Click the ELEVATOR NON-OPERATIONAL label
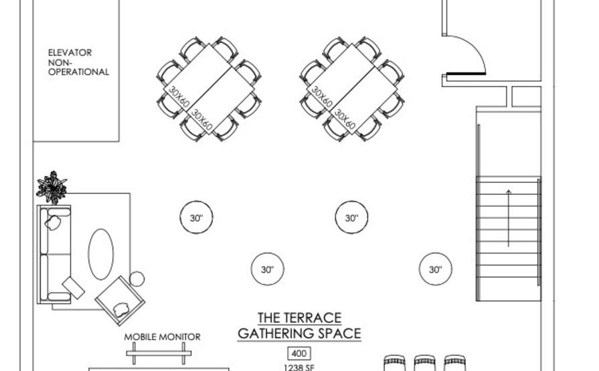(x=78, y=62)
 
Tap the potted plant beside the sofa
(x=52, y=188)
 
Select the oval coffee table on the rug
(x=101, y=254)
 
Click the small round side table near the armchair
(x=137, y=279)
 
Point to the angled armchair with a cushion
(x=120, y=300)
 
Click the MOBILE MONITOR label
(x=163, y=337)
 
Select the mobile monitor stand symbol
(x=159, y=353)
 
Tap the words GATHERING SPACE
(x=300, y=333)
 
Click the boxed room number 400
(x=298, y=354)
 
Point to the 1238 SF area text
(x=298, y=368)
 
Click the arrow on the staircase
(x=509, y=218)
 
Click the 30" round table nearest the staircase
(x=436, y=269)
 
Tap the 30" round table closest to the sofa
(x=196, y=218)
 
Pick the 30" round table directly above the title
(x=268, y=269)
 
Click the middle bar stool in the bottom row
(x=424, y=363)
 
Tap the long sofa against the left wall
(x=54, y=254)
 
